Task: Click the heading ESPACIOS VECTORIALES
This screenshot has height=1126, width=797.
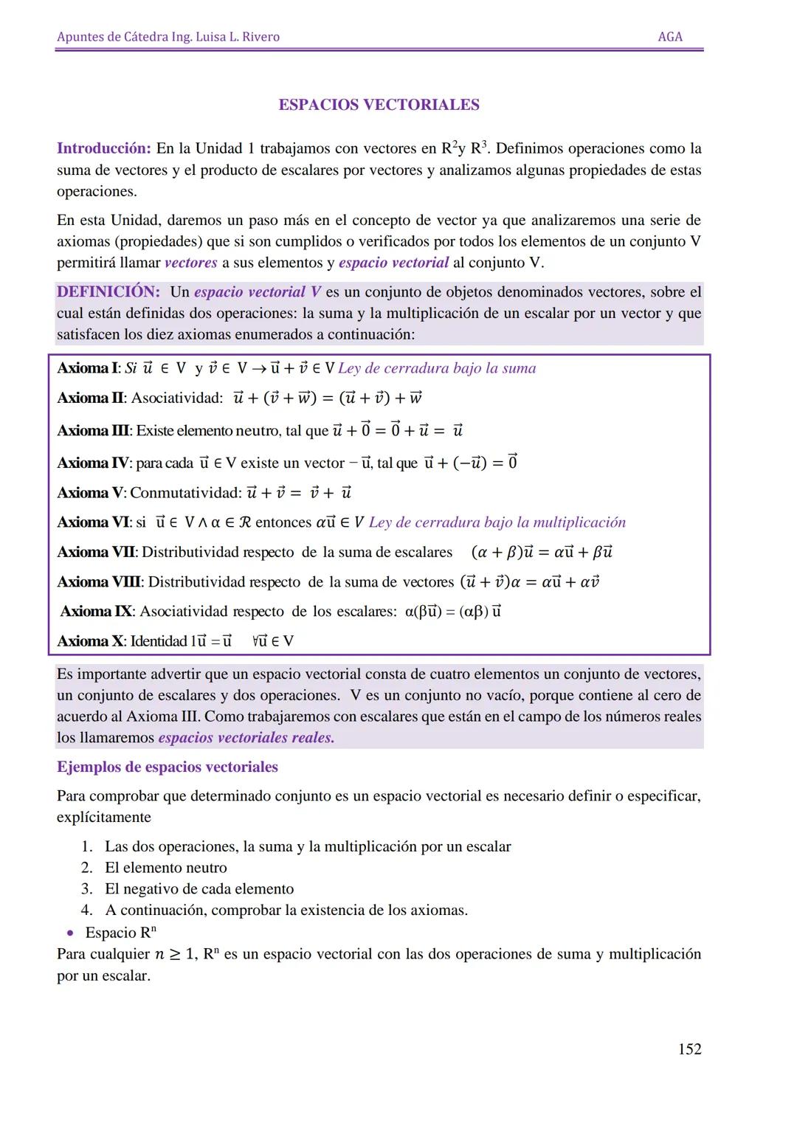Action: (379, 105)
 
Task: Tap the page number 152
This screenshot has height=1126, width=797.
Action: (689, 1049)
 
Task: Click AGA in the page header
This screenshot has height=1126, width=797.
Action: (669, 37)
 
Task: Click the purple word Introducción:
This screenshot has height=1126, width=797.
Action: (104, 148)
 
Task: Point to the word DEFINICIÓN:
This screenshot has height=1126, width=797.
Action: (108, 291)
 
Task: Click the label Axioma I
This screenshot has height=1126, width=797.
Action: (87, 368)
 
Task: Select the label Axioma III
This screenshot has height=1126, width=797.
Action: (93, 430)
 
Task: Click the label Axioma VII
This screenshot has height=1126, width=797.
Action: (96, 552)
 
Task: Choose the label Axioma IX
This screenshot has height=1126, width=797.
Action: (96, 611)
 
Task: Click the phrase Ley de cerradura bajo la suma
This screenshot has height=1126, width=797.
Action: (437, 368)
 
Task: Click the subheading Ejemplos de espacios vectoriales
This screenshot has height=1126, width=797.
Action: (168, 767)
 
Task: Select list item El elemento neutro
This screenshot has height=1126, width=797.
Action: (165, 868)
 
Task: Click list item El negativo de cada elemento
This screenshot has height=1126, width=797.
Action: (199, 888)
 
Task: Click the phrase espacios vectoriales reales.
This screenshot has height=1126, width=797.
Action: (246, 738)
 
